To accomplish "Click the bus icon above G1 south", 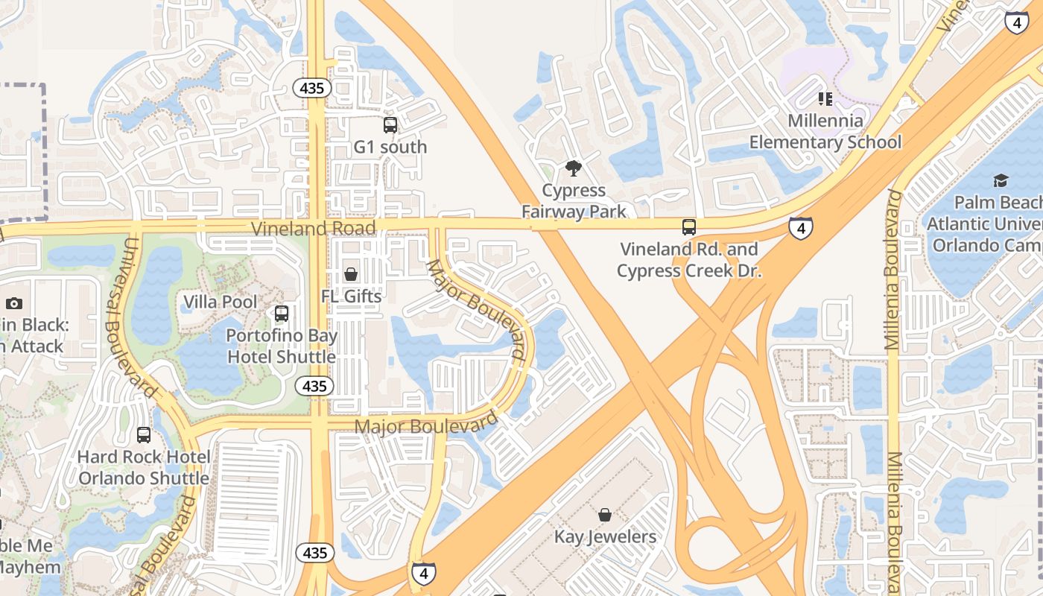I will point(390,125).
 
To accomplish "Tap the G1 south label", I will point(390,147).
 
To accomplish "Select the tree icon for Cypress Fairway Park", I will point(573,168).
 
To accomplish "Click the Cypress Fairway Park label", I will point(574,201).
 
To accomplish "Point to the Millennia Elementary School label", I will point(825,131).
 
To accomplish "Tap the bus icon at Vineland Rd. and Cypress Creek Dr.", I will point(689,227).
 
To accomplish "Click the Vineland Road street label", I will point(302,228).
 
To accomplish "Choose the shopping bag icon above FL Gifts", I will point(351,275).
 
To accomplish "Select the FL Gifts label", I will point(351,297).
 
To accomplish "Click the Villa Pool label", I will point(221,302).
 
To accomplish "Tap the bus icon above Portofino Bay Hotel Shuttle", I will point(282,314).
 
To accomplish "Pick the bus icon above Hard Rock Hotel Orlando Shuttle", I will point(144,435).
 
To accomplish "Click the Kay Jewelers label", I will point(605,536).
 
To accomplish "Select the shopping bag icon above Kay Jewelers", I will point(605,515).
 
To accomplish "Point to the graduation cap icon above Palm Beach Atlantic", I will point(1000,180).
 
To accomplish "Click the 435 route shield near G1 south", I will point(311,88).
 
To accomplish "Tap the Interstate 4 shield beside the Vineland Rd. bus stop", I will point(800,227).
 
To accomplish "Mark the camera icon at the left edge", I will point(13,303).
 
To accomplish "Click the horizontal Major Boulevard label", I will point(426,425).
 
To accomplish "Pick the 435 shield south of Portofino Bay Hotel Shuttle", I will point(314,386).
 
